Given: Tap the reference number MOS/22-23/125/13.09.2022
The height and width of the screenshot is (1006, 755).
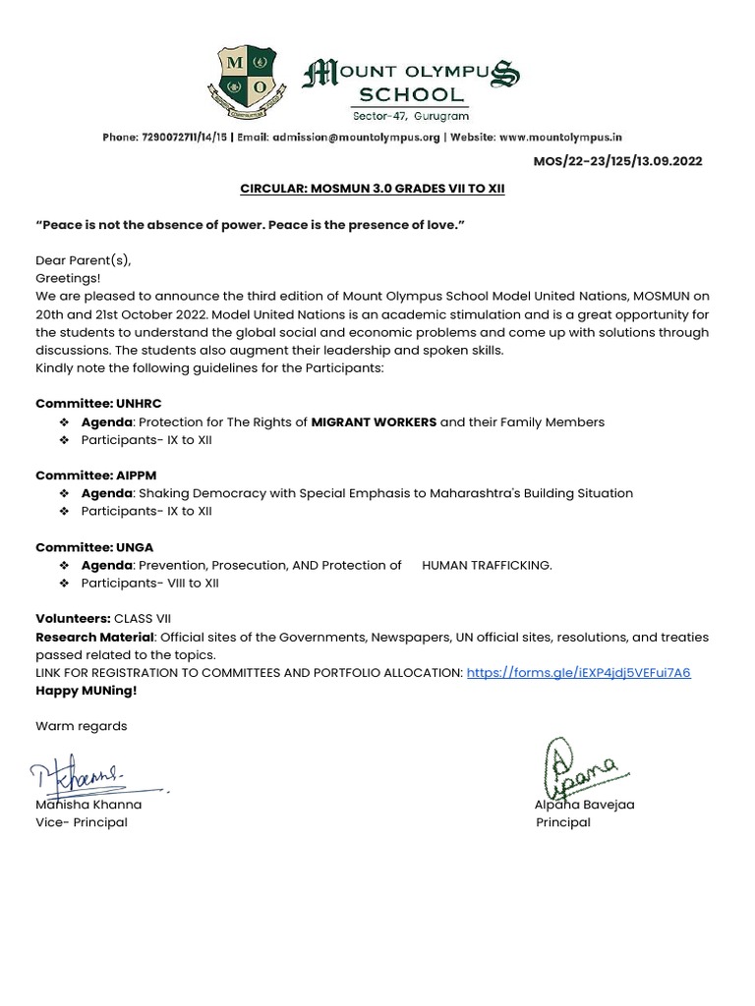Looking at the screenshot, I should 617,161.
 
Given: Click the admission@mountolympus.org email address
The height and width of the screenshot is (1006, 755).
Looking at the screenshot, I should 356,139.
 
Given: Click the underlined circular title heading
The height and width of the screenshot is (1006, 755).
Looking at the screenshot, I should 372,188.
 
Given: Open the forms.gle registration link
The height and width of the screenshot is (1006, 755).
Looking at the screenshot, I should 578,673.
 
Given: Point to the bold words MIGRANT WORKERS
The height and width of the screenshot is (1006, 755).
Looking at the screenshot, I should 374,422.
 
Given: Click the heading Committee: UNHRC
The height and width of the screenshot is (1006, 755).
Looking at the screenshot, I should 98,404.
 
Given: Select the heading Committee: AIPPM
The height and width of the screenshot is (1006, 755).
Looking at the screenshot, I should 95,475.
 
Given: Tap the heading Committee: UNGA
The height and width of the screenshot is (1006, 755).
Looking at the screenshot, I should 94,547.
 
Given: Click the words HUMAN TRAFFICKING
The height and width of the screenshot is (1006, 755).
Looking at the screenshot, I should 487,565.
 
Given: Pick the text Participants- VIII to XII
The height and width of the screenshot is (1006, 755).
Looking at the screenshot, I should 149,584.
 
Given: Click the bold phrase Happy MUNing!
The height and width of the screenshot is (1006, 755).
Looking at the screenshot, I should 87,691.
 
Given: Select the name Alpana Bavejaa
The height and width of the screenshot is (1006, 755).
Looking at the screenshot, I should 584,805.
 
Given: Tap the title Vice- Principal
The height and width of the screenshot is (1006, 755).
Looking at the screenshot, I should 82,822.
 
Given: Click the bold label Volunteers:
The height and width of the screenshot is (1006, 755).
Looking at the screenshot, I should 73,619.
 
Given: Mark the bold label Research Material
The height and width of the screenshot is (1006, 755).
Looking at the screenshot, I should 94,638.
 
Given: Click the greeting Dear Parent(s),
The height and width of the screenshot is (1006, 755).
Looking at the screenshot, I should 83,260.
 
